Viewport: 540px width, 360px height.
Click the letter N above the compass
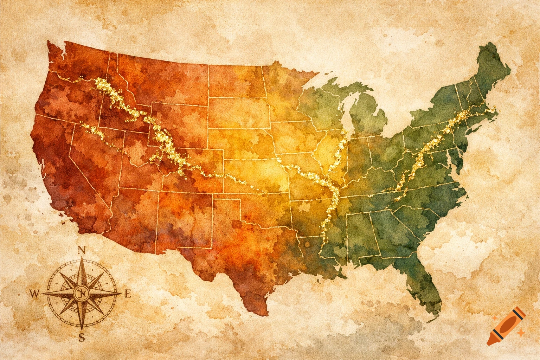82,250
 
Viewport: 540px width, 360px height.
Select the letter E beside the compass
128,294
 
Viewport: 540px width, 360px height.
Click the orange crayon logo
507,326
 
